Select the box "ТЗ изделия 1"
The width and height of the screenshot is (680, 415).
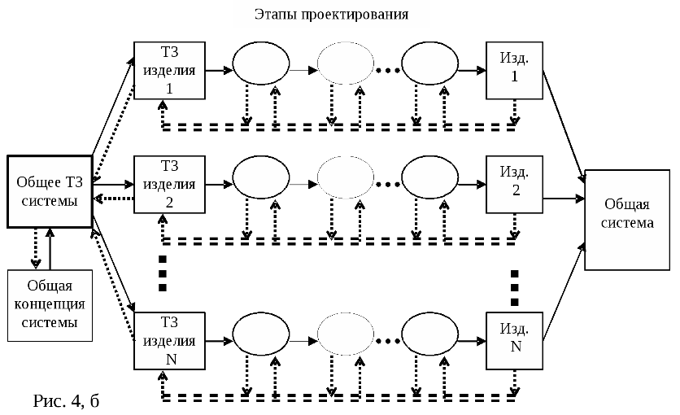pyautogui.click(x=168, y=69)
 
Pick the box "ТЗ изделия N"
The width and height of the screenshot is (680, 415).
pyautogui.click(x=168, y=341)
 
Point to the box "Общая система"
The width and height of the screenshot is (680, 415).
pyautogui.click(x=626, y=219)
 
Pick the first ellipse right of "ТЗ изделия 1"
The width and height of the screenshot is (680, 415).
pyautogui.click(x=260, y=69)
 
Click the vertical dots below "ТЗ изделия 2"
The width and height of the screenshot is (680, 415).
pyautogui.click(x=163, y=273)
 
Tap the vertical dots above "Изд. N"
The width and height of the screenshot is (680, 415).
pyautogui.click(x=515, y=283)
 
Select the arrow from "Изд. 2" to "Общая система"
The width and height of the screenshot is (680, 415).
pyautogui.click(x=563, y=197)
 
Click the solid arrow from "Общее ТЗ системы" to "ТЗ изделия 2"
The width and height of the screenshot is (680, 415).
pyautogui.click(x=114, y=185)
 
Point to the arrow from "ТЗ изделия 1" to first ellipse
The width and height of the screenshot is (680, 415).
pyautogui.click(x=217, y=70)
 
